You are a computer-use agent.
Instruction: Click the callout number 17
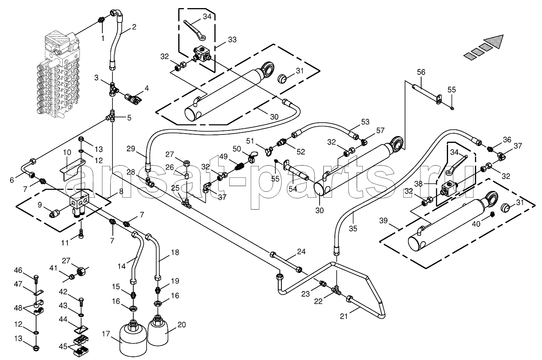106,334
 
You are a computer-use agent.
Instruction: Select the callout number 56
421,72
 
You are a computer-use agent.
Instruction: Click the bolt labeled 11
81,234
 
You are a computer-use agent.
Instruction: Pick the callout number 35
353,228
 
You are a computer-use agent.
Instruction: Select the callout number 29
130,148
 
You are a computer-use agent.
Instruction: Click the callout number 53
365,122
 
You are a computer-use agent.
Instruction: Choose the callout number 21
344,316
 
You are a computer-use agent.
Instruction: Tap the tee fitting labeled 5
112,116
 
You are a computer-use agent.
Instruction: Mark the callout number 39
383,221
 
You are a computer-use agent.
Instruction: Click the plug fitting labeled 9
55,214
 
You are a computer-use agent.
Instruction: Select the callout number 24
301,252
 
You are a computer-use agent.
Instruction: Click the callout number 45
63,346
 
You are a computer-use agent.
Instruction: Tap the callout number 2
134,26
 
